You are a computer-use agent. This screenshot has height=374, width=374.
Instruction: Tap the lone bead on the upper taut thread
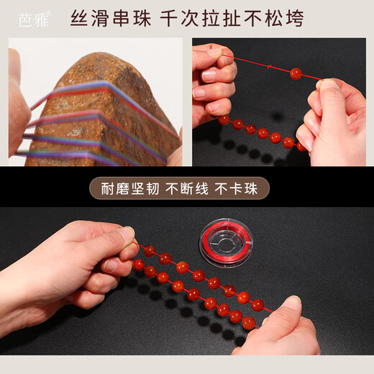click(x=296, y=73)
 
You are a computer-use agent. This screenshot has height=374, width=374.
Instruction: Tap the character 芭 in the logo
click(x=25, y=19)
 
